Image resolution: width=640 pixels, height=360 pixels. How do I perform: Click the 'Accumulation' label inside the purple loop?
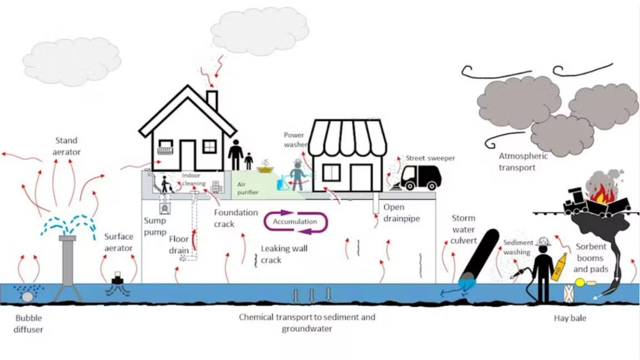[294, 222]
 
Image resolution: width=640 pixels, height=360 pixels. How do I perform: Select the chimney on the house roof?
[212, 100]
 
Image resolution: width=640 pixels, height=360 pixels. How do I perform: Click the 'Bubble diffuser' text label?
[29, 324]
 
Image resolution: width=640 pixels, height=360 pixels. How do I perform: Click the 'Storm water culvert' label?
[464, 229]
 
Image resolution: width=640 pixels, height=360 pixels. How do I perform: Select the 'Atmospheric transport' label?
[523, 161]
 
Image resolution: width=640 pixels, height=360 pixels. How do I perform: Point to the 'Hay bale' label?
[570, 318]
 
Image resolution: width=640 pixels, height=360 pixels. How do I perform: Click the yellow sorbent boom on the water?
[581, 282]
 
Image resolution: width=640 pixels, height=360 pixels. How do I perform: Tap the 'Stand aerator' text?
[66, 146]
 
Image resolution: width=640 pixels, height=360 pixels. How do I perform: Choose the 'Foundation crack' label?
[236, 218]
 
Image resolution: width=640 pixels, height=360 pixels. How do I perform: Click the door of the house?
[187, 156]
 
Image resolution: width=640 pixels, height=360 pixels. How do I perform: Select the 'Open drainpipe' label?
[401, 213]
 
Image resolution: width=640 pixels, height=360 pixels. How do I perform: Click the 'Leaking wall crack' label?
[284, 254]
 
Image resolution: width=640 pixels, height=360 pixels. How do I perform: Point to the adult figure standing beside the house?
[236, 154]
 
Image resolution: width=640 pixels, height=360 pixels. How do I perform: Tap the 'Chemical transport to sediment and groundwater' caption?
[307, 323]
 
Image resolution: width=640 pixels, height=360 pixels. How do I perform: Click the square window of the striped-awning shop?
[332, 172]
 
